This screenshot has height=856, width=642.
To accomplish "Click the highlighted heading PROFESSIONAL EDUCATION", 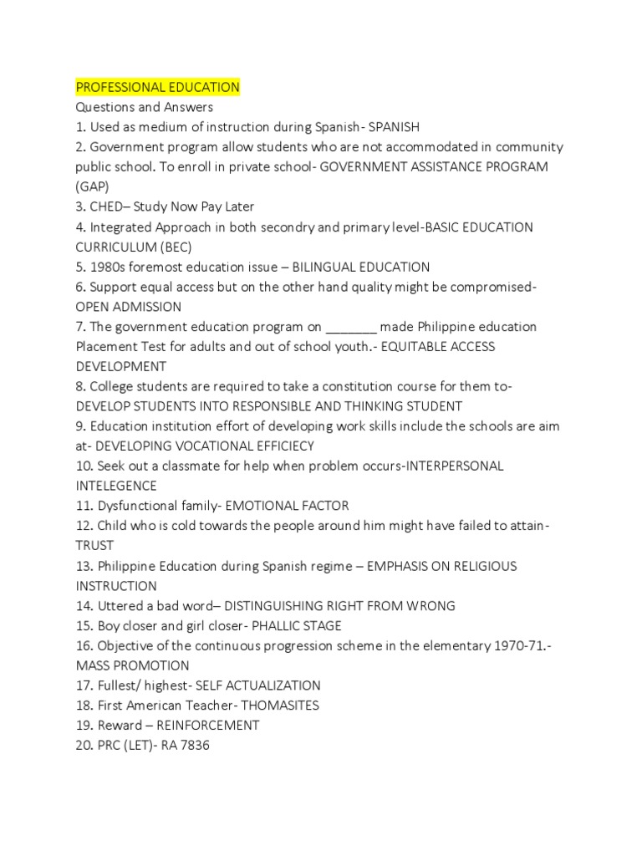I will [158, 87].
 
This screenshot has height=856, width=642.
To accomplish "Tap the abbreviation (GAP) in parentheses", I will [92, 186].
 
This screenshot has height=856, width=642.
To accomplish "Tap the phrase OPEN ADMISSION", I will [129, 307].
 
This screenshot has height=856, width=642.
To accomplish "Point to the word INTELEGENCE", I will [116, 486].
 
